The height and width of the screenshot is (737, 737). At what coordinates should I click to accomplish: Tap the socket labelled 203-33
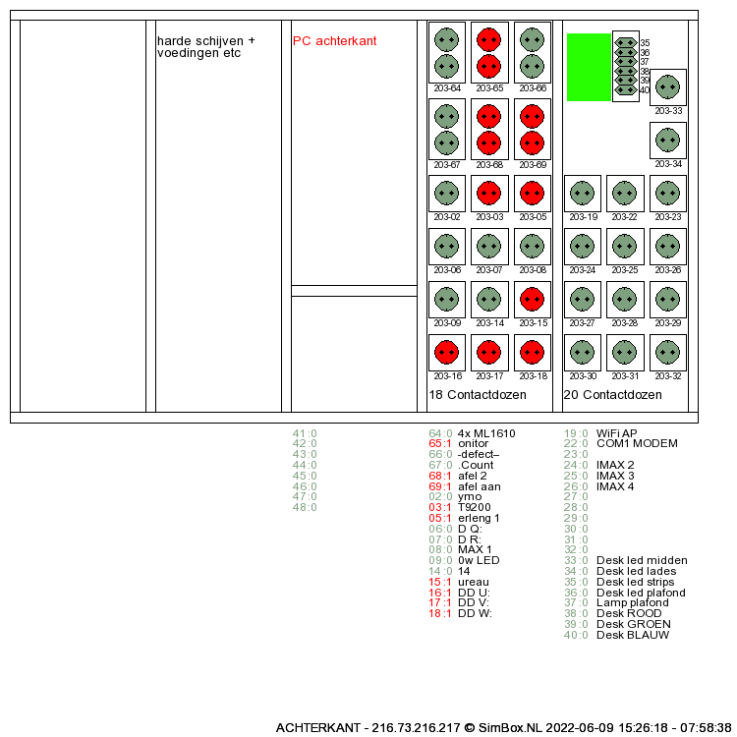668,86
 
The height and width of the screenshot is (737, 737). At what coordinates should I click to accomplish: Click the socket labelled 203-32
668,352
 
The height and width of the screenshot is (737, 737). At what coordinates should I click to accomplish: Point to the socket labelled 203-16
447,352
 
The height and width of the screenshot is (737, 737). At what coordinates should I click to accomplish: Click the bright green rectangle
589,67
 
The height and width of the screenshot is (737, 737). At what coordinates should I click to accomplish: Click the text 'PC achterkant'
334,41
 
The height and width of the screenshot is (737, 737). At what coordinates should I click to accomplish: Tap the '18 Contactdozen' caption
478,395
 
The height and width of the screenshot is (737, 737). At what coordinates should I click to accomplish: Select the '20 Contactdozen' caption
612,395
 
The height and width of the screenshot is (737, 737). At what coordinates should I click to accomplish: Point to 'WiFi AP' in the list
616,433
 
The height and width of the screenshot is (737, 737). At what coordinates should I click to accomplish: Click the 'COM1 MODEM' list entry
637,444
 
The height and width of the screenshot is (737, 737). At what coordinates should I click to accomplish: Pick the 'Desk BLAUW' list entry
632,635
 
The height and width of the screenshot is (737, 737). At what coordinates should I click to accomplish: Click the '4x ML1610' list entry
486,433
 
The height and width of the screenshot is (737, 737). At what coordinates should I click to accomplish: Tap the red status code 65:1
440,444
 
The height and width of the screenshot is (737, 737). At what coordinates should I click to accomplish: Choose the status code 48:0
305,507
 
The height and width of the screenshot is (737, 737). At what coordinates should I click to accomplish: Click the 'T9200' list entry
475,507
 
